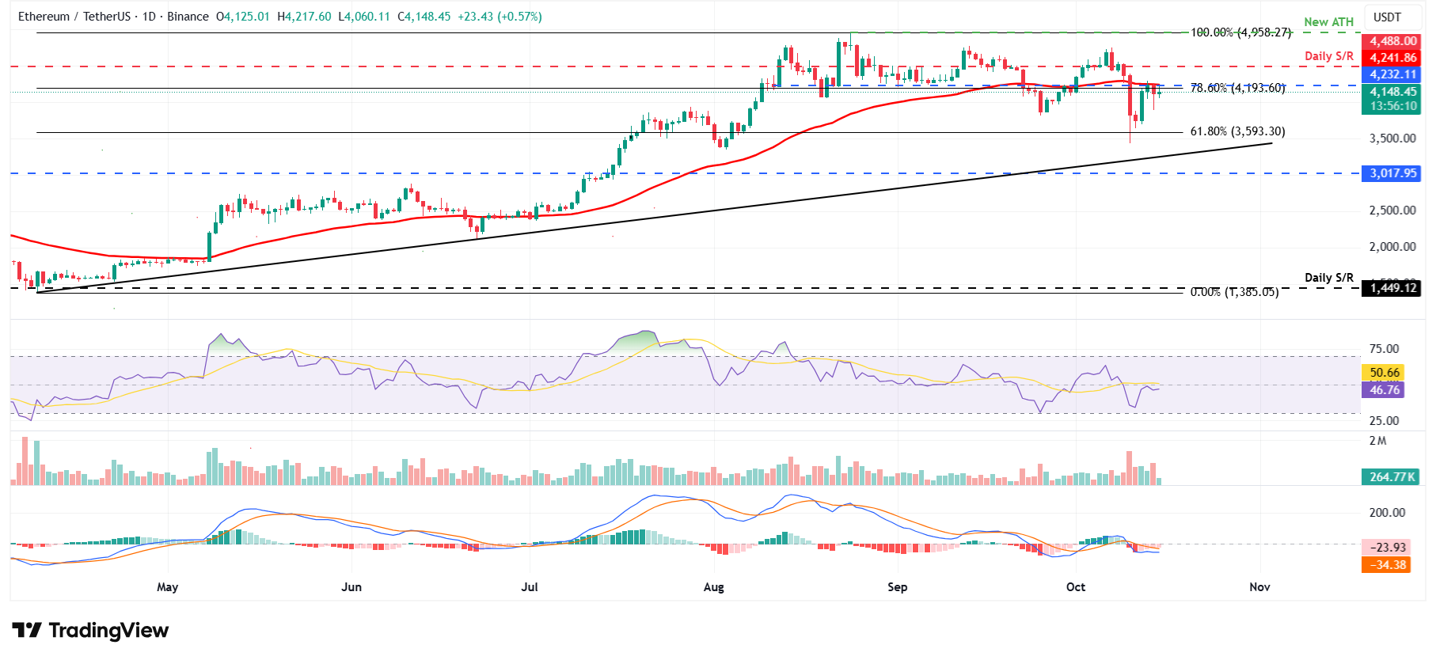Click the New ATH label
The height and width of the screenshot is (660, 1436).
pos(1328,22)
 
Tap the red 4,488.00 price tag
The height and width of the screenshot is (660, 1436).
pos(1392,41)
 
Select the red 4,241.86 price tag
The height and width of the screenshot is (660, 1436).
pos(1392,58)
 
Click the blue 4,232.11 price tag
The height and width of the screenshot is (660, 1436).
pos(1392,74)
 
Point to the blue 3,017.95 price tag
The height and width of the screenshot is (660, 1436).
pos(1392,173)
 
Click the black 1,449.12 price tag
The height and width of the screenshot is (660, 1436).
pos(1392,288)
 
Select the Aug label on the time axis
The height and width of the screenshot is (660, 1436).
pos(713,587)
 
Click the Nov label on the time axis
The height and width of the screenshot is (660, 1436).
pos(1259,587)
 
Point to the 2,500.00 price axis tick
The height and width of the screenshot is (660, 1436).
pos(1392,211)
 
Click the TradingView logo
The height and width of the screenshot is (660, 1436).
pos(90,631)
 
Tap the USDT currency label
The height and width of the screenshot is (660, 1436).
pos(1387,17)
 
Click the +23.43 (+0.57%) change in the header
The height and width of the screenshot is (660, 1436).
pos(500,17)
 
